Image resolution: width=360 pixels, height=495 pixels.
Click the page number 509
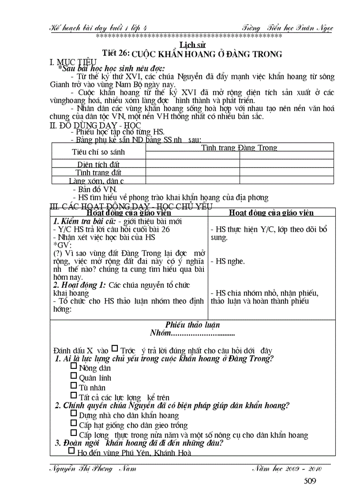(310, 481)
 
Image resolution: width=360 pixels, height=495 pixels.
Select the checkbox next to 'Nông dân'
(74, 367)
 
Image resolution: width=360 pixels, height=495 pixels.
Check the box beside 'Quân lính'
(74, 377)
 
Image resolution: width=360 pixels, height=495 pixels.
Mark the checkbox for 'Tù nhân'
(74, 387)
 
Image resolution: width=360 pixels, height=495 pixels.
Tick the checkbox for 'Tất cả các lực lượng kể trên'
(74, 396)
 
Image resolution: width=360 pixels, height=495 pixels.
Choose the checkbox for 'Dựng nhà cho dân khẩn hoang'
(74, 414)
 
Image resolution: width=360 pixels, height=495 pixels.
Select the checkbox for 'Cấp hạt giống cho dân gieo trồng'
(74, 424)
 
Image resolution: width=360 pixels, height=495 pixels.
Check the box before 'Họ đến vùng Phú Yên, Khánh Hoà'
(72, 451)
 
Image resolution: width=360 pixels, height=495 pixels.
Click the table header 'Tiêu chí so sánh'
(98, 152)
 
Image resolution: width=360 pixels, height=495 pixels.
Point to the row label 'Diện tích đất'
(98, 164)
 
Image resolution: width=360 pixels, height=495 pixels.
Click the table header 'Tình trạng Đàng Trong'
(239, 148)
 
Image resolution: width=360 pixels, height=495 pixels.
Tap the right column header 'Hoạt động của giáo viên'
(271, 213)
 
